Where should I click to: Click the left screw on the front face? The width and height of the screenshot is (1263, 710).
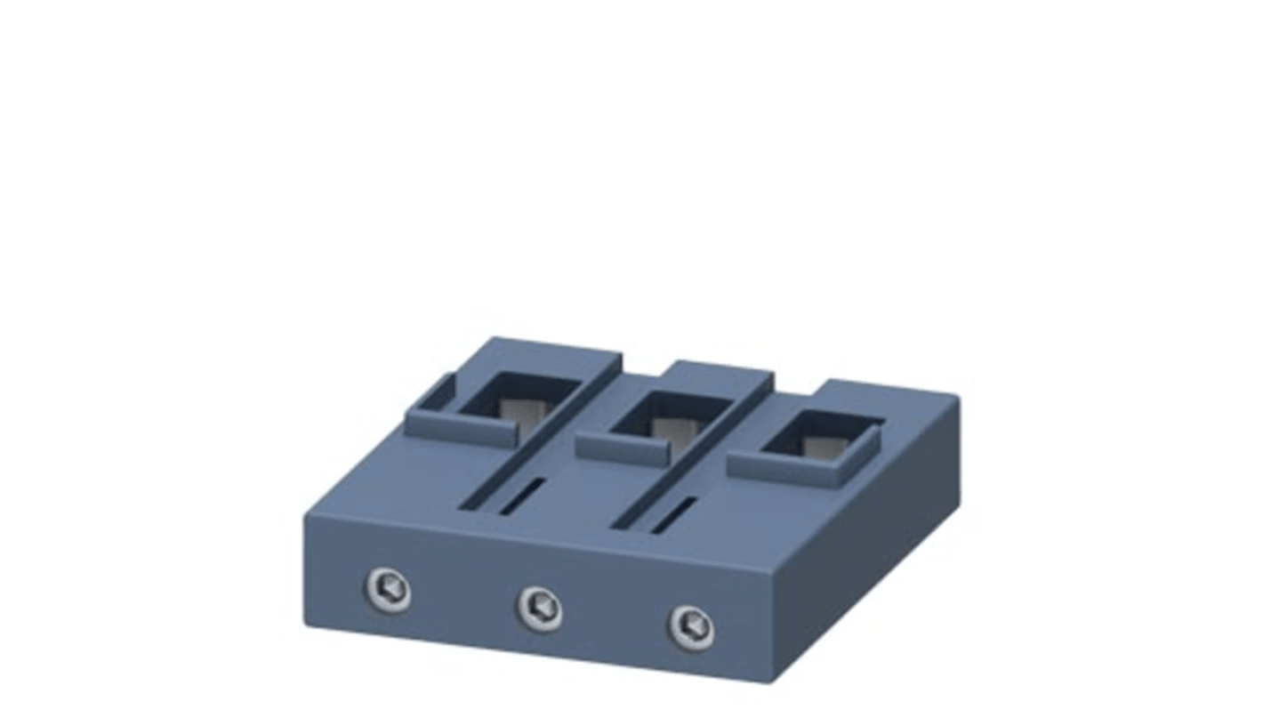pos(389,590)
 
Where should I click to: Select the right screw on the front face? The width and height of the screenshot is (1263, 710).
pos(691,627)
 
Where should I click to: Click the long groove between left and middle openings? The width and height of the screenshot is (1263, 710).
pos(543,440)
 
